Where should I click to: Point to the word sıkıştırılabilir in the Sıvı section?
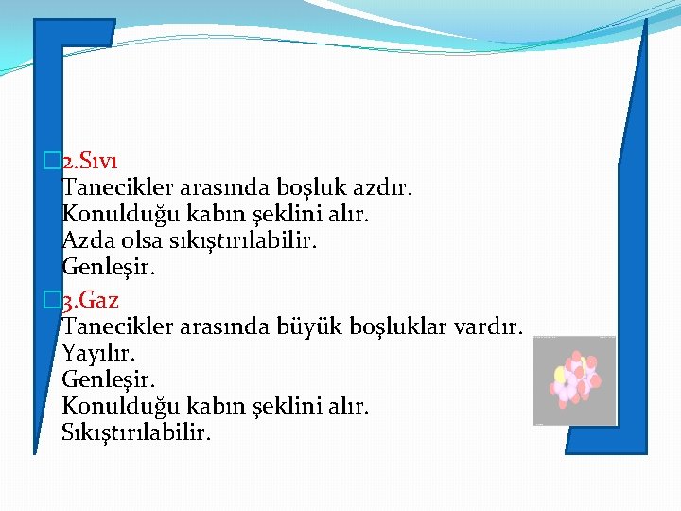coord(243,240)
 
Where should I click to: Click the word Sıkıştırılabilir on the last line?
coord(137,432)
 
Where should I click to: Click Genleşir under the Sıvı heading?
coord(108,268)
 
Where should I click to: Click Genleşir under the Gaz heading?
coord(108,380)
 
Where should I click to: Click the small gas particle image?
coord(574,380)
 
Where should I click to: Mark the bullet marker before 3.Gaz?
coord(51,301)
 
